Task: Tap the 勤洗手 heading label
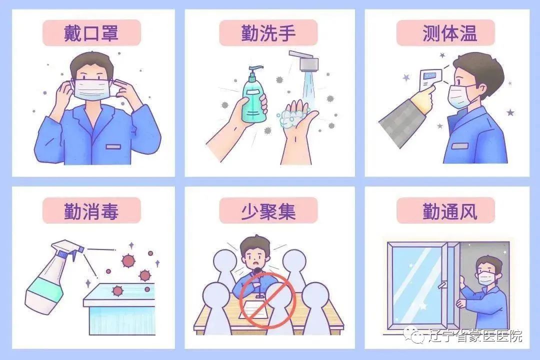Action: (268, 33)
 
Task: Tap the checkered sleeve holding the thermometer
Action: (400, 120)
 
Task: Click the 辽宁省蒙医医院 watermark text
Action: (475, 335)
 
